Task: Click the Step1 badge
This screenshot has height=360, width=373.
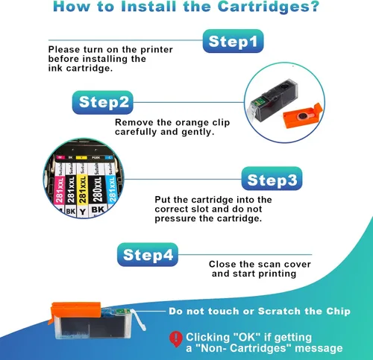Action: point(233,41)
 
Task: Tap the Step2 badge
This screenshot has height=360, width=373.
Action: point(103,102)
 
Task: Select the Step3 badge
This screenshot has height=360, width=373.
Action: point(272,179)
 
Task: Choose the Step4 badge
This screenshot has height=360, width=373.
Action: point(148,255)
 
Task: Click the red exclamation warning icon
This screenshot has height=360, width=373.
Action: point(176,339)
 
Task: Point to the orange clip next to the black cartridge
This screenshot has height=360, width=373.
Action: point(303,116)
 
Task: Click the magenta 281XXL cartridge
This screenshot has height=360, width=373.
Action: point(59,188)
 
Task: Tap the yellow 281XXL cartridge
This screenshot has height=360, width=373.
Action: point(82,189)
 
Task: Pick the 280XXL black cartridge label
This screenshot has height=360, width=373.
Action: point(97,189)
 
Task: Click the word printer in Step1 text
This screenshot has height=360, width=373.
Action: point(157,50)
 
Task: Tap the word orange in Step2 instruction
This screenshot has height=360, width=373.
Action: point(192,123)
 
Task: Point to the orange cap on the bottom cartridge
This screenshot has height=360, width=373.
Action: point(75,311)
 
